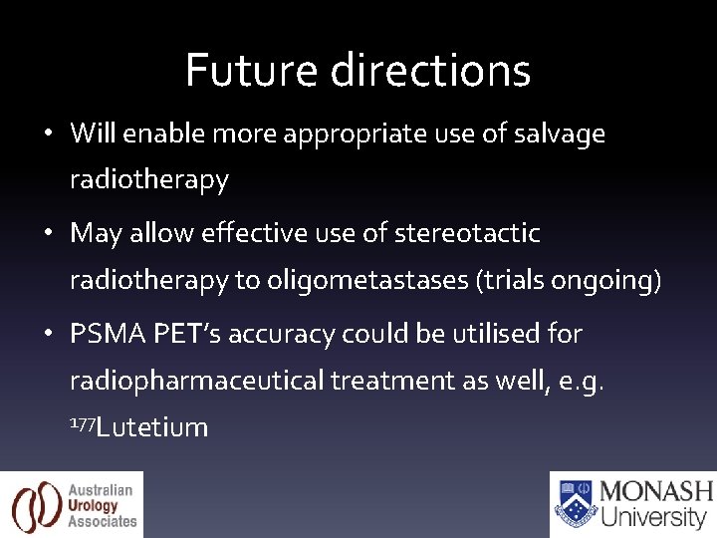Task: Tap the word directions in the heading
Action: point(430,70)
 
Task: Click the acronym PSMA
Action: point(109,333)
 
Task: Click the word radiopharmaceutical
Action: point(196,381)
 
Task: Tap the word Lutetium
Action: point(152,427)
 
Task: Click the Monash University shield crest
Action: point(575,504)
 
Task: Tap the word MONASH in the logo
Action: point(656,492)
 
